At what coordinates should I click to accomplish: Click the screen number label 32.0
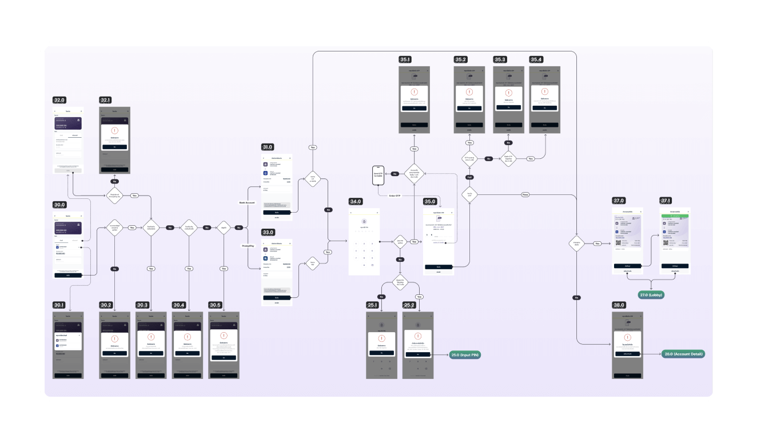(x=59, y=99)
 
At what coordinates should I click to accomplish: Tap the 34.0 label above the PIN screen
(x=356, y=201)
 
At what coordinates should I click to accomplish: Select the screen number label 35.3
(x=500, y=59)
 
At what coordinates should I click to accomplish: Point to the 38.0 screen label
(x=618, y=305)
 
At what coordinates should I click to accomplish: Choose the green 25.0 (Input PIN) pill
(x=464, y=355)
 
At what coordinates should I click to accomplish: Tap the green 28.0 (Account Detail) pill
(x=683, y=354)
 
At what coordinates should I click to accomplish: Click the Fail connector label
(x=469, y=178)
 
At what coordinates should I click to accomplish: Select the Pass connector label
(x=525, y=194)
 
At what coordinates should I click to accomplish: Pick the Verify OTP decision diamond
(x=469, y=194)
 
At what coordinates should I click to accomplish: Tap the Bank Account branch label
(x=247, y=202)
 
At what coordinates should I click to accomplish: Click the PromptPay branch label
(x=248, y=245)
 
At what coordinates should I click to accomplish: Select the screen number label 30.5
(x=215, y=305)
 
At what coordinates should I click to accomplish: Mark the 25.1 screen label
(x=372, y=305)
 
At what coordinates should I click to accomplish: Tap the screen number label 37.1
(x=666, y=201)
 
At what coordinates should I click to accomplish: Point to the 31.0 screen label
(x=268, y=147)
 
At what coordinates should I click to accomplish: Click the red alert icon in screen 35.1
(x=414, y=92)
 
